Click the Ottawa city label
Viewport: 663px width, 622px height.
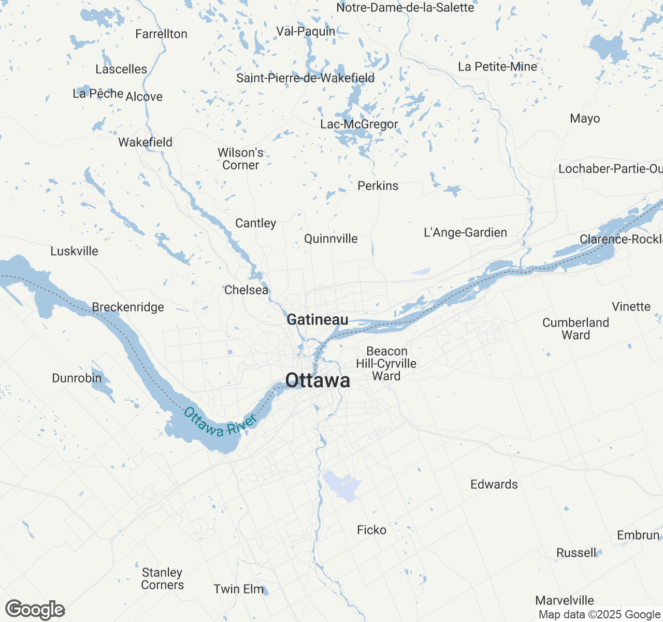pyautogui.click(x=318, y=380)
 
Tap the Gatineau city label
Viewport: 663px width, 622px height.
pyautogui.click(x=318, y=320)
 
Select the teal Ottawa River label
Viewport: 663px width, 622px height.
pyautogui.click(x=220, y=422)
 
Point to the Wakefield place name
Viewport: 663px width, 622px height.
pyautogui.click(x=145, y=142)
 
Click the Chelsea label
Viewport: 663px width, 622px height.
pyautogui.click(x=246, y=290)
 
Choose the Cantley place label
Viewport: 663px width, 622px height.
pyautogui.click(x=255, y=223)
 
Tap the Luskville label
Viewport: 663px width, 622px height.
pyautogui.click(x=74, y=251)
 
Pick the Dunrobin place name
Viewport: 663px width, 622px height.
pyautogui.click(x=77, y=378)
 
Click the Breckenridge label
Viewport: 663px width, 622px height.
pyautogui.click(x=128, y=307)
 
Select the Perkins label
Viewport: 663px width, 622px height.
pyautogui.click(x=378, y=186)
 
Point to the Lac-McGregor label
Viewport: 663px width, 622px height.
pyautogui.click(x=359, y=124)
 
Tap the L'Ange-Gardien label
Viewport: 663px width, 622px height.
pyautogui.click(x=465, y=232)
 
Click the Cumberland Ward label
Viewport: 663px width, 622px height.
pyautogui.click(x=575, y=329)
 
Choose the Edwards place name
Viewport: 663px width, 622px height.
pyautogui.click(x=494, y=484)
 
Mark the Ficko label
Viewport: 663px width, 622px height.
pyautogui.click(x=371, y=530)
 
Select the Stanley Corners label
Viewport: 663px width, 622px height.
pyautogui.click(x=163, y=578)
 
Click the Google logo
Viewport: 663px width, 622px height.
pyautogui.click(x=35, y=610)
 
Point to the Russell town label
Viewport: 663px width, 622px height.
pyautogui.click(x=576, y=553)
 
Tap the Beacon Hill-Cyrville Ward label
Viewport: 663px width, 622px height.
pyautogui.click(x=386, y=363)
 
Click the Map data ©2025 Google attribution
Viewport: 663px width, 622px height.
pyautogui.click(x=599, y=615)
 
